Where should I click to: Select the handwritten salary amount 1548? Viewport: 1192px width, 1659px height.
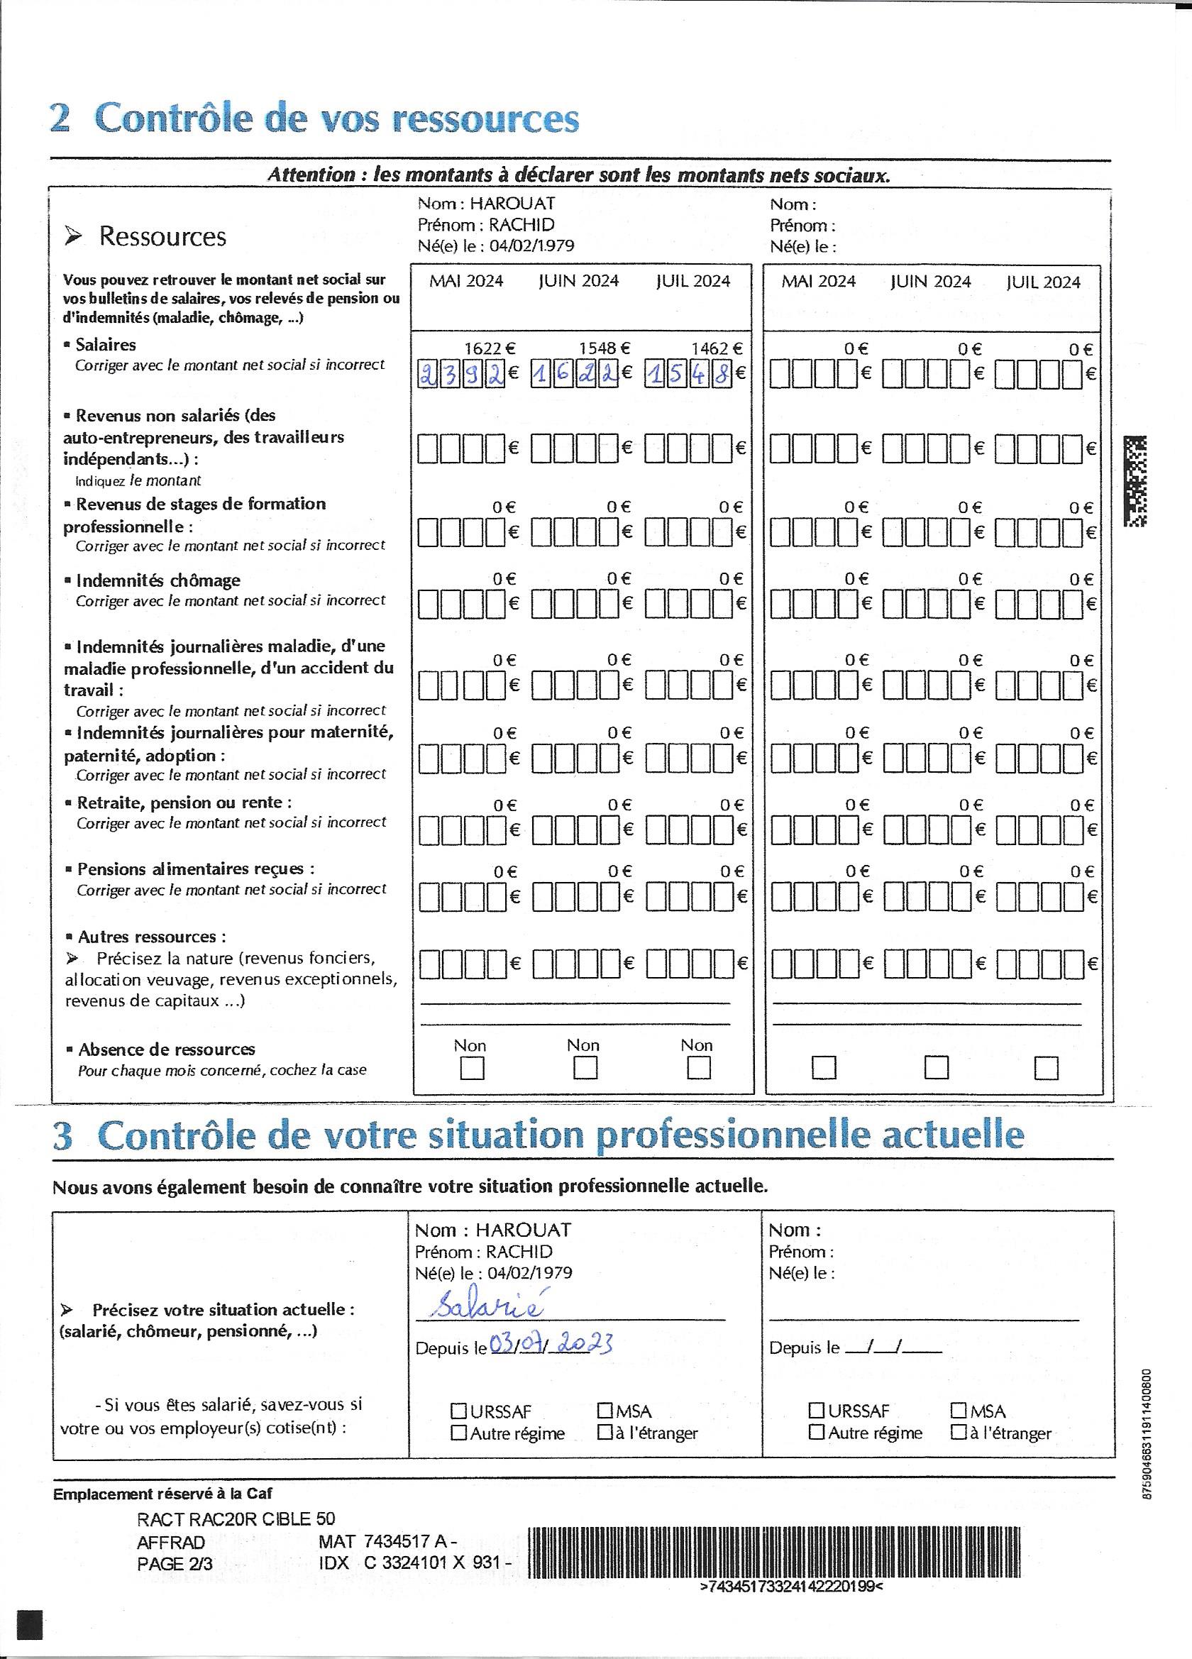click(x=689, y=375)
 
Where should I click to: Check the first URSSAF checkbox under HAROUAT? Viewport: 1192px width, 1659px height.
click(x=458, y=1411)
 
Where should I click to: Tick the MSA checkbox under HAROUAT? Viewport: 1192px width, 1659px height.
click(x=605, y=1411)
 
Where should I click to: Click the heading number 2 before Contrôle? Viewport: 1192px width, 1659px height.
click(x=60, y=118)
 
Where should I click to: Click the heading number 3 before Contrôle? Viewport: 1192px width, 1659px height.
click(x=63, y=1136)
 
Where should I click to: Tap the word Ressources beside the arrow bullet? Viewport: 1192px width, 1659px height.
click(x=162, y=237)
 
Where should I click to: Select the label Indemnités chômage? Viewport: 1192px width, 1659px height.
click(x=158, y=581)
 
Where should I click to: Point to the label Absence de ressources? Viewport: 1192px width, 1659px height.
click(x=167, y=1049)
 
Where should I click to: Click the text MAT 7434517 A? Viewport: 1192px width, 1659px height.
click(x=387, y=1541)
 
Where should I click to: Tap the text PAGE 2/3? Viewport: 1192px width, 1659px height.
click(x=175, y=1563)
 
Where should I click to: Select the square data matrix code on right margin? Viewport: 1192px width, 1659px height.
click(x=1135, y=480)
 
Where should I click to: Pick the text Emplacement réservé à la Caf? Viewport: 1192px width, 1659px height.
click(x=162, y=1494)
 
